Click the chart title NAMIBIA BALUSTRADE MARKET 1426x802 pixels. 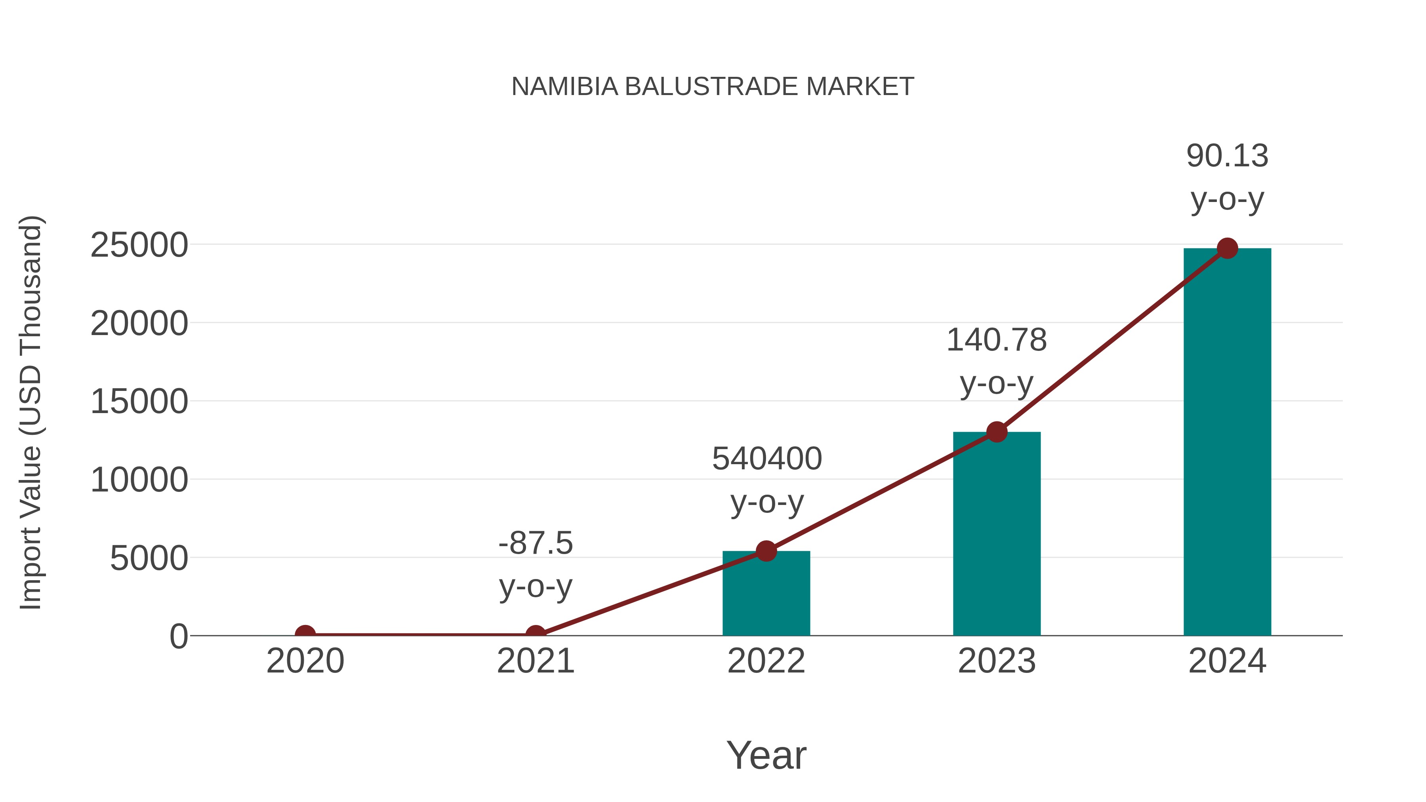(x=713, y=86)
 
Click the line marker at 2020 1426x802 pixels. (x=305, y=634)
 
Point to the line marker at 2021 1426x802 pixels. (x=535, y=634)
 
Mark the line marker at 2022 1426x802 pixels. (x=766, y=551)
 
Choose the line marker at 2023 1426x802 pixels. (x=997, y=432)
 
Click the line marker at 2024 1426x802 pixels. (x=1227, y=248)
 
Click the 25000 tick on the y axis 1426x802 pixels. (x=139, y=245)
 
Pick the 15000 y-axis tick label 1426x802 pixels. (x=139, y=402)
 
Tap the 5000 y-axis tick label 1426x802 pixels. (x=149, y=558)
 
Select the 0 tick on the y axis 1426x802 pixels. (x=179, y=636)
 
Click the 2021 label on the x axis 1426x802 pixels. (x=535, y=661)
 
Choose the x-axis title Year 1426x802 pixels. (x=766, y=755)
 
